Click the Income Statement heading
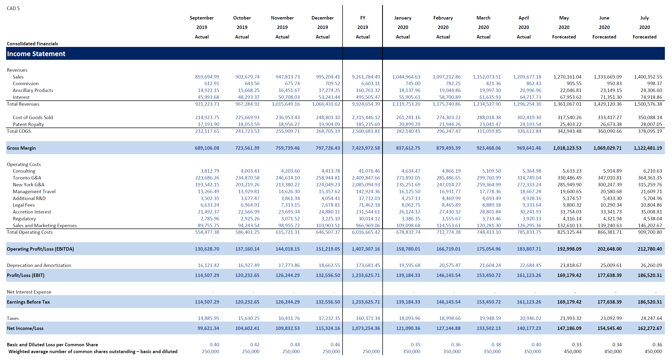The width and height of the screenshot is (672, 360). (x=36, y=54)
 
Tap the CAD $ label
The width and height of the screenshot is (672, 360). (x=13, y=8)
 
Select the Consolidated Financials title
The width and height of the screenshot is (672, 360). (x=32, y=44)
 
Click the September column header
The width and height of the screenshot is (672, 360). (x=202, y=18)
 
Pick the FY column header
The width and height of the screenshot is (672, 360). (x=363, y=18)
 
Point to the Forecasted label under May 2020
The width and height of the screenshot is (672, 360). (x=564, y=37)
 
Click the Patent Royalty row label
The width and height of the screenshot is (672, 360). (x=28, y=124)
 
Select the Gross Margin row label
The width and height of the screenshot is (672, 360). (x=21, y=148)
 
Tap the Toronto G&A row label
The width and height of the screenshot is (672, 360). (x=27, y=178)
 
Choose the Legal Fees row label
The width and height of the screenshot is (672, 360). (x=24, y=205)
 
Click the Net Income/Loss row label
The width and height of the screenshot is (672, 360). (x=25, y=328)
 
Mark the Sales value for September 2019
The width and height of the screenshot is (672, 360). (x=207, y=77)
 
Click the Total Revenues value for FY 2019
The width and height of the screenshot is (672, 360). (x=366, y=104)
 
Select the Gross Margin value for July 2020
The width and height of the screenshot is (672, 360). (x=648, y=148)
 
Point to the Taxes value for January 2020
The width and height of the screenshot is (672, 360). (x=410, y=318)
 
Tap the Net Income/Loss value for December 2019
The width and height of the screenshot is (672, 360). (x=328, y=328)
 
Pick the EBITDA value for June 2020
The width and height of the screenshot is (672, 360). (x=610, y=249)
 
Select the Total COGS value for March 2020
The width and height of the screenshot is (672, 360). (x=489, y=131)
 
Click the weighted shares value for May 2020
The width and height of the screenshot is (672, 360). (x=573, y=352)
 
